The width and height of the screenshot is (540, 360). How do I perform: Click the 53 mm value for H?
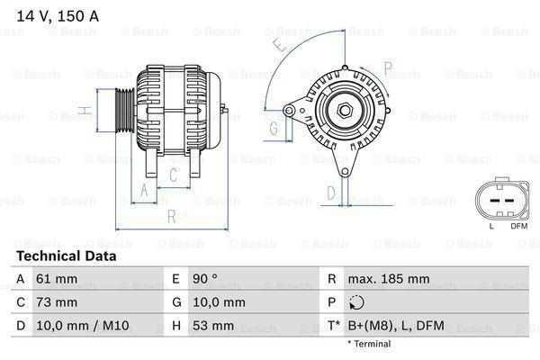tap(214, 326)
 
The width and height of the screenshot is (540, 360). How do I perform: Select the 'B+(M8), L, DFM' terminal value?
tap(398, 326)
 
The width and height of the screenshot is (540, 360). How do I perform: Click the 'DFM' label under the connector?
tap(519, 226)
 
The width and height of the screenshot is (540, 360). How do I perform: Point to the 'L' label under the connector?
tap(491, 226)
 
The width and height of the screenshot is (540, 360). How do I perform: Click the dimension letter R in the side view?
tap(170, 216)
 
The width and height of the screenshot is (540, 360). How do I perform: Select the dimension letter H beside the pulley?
tap(82, 112)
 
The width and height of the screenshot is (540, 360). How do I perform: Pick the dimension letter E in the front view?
tap(281, 43)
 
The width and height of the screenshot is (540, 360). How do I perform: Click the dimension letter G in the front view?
tap(273, 128)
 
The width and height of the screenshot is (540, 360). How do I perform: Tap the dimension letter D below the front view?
tap(330, 192)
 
